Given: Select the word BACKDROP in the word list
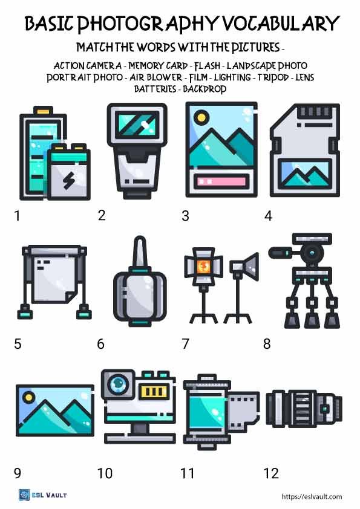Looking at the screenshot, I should tap(204, 88).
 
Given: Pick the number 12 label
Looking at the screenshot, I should tap(272, 473).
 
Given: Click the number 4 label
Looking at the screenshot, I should tap(268, 216).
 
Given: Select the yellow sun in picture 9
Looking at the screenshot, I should tap(28, 398).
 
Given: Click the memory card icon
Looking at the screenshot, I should tap(304, 151).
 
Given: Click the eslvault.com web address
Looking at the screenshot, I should tap(312, 497).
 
